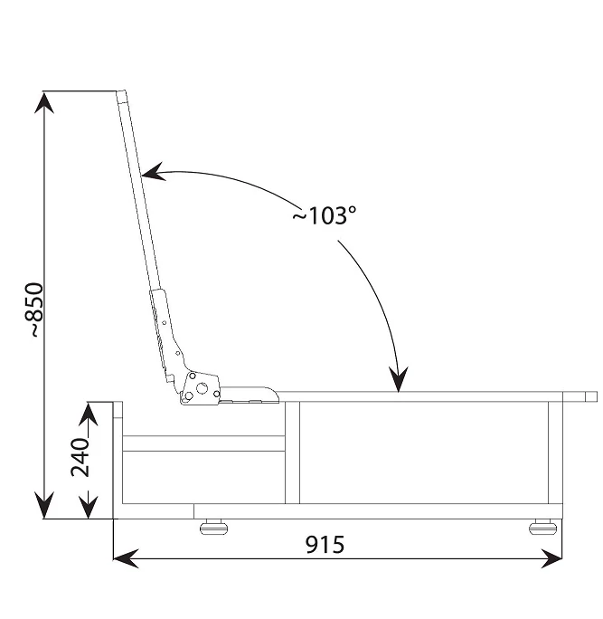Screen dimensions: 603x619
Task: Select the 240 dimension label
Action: [80, 457]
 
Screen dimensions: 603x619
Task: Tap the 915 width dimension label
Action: [325, 545]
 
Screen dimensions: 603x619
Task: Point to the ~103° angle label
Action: [325, 215]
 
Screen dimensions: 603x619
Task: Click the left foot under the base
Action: [213, 527]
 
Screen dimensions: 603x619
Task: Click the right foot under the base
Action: [542, 527]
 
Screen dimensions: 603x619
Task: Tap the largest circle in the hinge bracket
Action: [202, 388]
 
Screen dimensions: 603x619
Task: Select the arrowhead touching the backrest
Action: [153, 172]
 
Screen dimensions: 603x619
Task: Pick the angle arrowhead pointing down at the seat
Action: [399, 379]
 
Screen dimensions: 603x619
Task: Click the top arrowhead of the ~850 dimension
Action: [44, 102]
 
